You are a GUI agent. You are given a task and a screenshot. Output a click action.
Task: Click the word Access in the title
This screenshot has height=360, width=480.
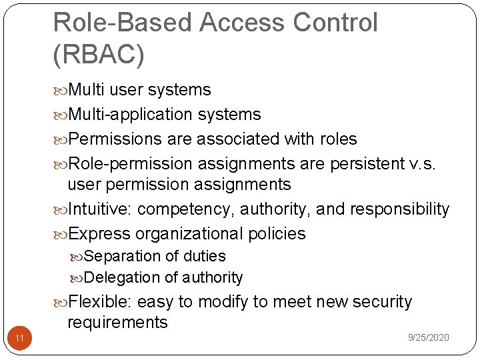coord(245,23)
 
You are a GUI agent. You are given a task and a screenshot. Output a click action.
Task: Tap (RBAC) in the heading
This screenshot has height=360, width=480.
coord(98,55)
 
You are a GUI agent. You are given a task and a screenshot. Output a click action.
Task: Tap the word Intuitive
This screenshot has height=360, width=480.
coord(100,209)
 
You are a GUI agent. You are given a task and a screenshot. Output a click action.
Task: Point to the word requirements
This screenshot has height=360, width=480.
coord(117,323)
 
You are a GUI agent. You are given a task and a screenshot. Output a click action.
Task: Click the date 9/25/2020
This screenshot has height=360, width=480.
coord(429,338)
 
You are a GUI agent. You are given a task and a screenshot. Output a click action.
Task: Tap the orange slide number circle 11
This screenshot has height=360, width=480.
coord(20,339)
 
